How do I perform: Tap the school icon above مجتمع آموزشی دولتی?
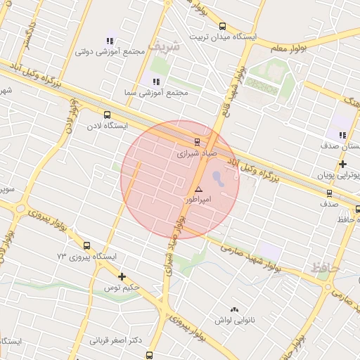tap(109, 41)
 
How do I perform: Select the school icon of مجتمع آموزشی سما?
tap(155, 82)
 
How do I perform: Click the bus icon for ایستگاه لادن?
tap(107, 115)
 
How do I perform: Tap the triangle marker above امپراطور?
tap(198, 189)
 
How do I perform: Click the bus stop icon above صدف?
tap(329, 193)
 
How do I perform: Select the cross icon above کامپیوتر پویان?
tap(342, 165)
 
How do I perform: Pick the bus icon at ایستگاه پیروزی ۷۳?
tap(86, 246)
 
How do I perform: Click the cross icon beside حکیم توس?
tap(122, 276)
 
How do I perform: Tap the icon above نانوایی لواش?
tap(234, 309)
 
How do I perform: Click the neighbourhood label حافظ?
tap(325, 268)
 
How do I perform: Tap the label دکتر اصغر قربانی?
tap(116, 340)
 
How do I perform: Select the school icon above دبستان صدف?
tap(342, 135)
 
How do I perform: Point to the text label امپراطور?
tap(198, 200)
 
